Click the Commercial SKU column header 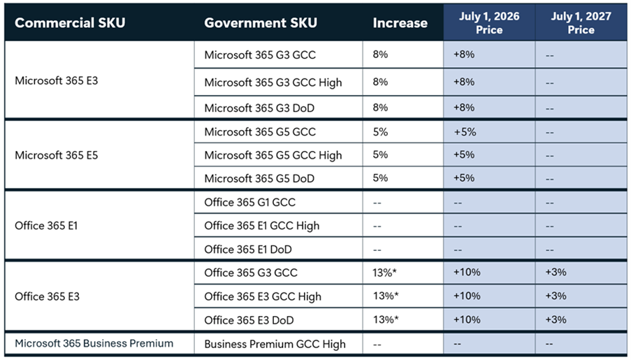[x=70, y=22]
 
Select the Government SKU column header [x=260, y=22]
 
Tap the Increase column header [x=400, y=22]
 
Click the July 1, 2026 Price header [x=489, y=22]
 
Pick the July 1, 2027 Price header [x=581, y=22]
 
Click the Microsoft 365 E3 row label [x=57, y=80]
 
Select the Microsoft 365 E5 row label [x=57, y=155]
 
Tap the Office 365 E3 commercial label [x=47, y=296]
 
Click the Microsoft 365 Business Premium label [x=94, y=343]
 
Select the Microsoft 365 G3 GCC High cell [x=273, y=82]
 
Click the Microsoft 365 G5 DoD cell [x=259, y=178]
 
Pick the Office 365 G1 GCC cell [x=249, y=202]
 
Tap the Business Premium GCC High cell [x=275, y=344]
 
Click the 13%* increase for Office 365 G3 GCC [x=386, y=273]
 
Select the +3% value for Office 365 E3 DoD [x=556, y=319]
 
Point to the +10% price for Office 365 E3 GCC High [x=467, y=296]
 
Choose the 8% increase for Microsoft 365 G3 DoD [x=380, y=108]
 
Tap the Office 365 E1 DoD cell [x=248, y=250]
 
